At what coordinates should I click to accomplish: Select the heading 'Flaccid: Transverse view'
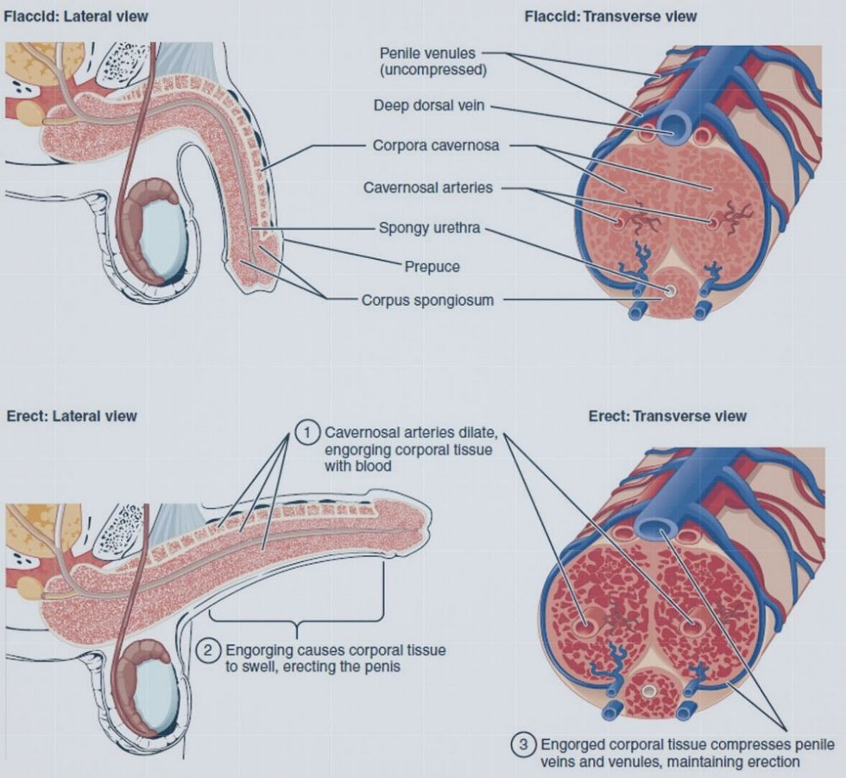point(610,16)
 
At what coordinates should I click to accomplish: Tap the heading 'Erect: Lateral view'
point(72,415)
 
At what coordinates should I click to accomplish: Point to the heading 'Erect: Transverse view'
point(667,415)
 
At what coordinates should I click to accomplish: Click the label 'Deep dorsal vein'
point(429,106)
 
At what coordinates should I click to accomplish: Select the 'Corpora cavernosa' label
point(436,146)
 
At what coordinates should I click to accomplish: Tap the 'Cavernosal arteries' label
point(428,187)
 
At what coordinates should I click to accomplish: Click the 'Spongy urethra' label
point(429,229)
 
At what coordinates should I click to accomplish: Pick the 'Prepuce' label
point(432,267)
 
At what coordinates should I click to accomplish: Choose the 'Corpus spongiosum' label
point(428,300)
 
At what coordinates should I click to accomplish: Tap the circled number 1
point(306,432)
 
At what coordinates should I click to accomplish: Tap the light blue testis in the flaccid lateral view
point(163,237)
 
